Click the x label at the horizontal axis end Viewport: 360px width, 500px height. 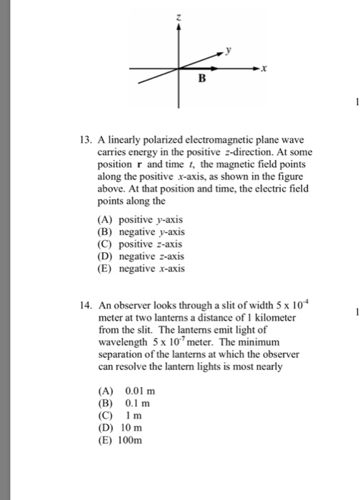pos(264,69)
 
